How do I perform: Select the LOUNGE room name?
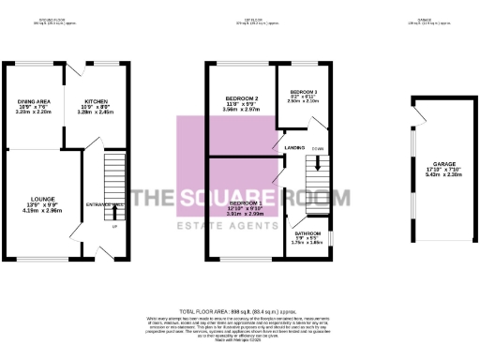click(44, 198)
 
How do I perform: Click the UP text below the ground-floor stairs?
click(115, 226)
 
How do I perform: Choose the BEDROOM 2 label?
click(241, 97)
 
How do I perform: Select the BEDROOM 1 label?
click(246, 202)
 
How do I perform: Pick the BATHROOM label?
click(308, 232)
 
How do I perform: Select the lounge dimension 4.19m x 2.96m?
click(44, 211)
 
